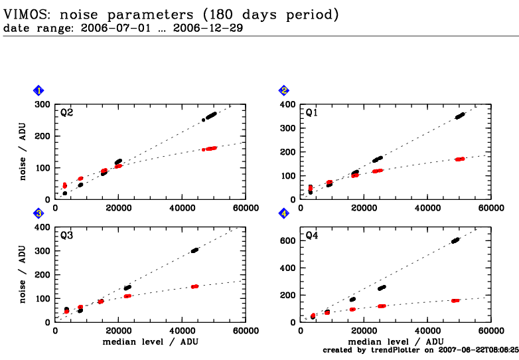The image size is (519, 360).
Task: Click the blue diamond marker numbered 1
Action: tap(39, 90)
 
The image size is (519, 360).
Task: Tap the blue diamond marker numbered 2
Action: tap(284, 90)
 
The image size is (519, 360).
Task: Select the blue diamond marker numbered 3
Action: tap(39, 213)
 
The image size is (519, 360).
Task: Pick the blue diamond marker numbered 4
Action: tap(284, 213)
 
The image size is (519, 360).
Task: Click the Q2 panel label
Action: tap(66, 113)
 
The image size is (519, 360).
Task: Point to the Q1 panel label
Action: tap(312, 113)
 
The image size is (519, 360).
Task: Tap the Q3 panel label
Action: tap(66, 235)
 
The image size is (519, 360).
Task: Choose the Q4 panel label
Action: tap(312, 235)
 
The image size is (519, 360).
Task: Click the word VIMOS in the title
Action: tap(25, 13)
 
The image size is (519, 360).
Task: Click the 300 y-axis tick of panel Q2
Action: tap(43, 104)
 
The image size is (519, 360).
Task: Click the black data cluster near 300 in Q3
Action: tap(194, 250)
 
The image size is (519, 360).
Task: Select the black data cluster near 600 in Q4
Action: tap(455, 240)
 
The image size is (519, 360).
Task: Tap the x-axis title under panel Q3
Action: tap(150, 341)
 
